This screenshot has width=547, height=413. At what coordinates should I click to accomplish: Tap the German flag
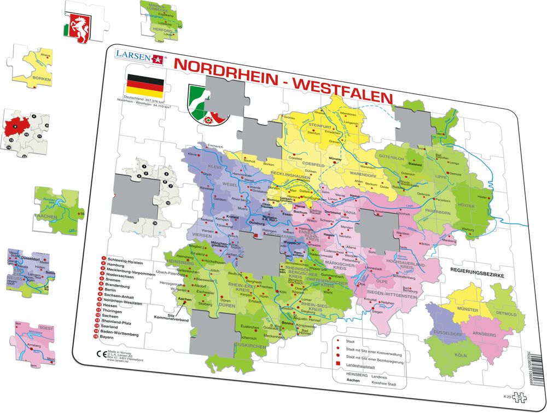point(145,86)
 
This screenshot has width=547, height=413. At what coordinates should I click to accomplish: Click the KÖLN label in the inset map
point(461,356)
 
